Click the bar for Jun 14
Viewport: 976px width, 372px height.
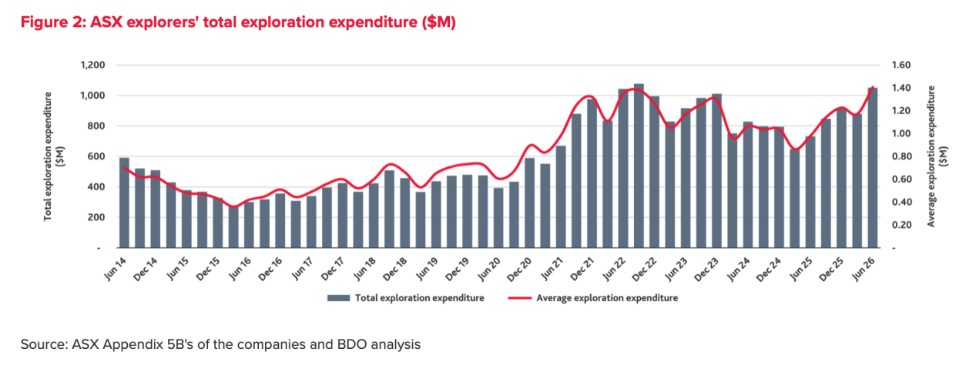[124, 203]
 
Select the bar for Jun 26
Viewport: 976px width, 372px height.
[872, 168]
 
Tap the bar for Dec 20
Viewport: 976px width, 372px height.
[529, 203]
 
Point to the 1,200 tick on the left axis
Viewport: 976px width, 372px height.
[92, 65]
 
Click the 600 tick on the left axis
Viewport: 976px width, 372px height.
[96, 156]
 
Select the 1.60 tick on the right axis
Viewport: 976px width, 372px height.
[901, 65]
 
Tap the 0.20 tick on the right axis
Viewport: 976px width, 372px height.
[901, 225]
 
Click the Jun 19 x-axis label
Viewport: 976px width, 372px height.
[427, 268]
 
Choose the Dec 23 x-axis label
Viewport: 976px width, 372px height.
[706, 270]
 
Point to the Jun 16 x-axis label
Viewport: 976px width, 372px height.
[240, 268]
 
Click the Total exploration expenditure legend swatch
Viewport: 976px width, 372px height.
[338, 298]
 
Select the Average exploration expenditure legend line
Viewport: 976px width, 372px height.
[520, 298]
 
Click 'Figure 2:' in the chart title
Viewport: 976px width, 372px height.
[53, 22]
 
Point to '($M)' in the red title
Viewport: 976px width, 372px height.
[439, 22]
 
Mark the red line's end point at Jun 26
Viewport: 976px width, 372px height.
[873, 88]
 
